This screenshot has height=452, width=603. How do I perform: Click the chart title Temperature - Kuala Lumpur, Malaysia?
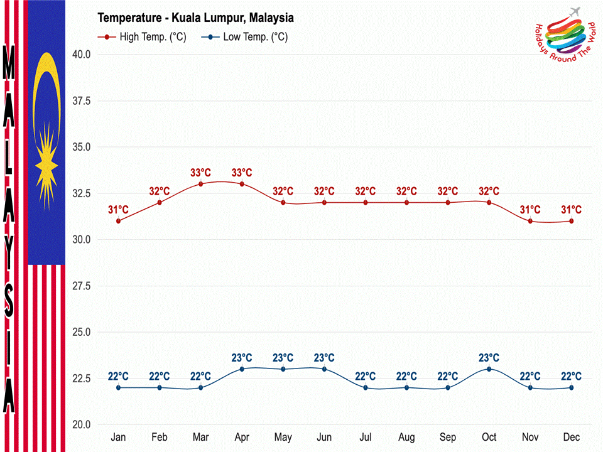[195, 18]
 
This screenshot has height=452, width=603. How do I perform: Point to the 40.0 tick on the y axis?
[81, 55]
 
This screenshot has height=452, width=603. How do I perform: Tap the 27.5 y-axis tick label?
[81, 286]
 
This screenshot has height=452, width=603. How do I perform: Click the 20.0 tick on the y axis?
[81, 425]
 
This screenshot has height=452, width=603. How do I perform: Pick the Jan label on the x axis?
[118, 437]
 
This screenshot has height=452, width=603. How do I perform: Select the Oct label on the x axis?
[489, 437]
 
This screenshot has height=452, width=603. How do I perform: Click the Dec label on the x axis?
[572, 437]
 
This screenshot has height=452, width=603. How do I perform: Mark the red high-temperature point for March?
[200, 184]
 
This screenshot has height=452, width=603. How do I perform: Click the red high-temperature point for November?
[530, 221]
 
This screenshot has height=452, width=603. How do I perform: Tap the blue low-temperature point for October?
[489, 369]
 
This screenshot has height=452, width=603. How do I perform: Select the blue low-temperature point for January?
[118, 387]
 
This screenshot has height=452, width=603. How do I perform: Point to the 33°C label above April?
[242, 173]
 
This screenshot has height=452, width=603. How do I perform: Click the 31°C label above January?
[118, 210]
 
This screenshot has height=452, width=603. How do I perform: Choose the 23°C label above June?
[324, 358]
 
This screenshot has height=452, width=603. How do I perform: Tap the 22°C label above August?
[406, 377]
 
